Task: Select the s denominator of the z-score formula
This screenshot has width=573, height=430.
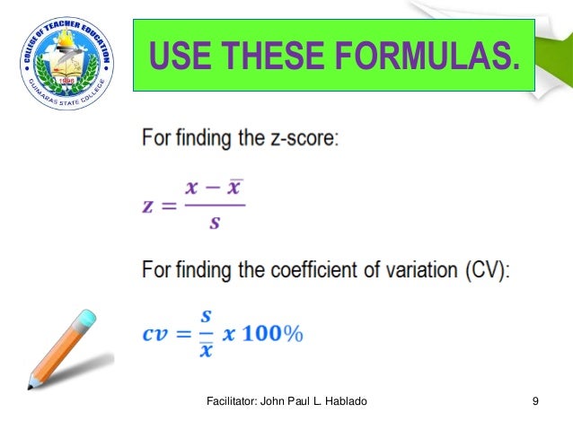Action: point(214,222)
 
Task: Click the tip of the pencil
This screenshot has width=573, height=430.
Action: point(30,387)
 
